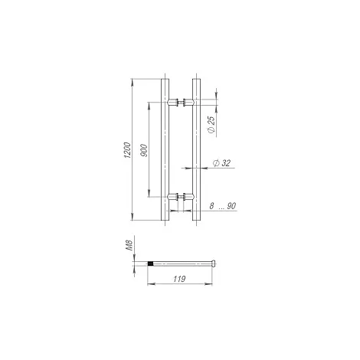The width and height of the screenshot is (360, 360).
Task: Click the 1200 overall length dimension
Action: [127, 150]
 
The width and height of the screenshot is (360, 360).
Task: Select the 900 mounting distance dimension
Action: [144, 150]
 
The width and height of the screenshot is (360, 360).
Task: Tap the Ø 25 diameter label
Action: [211, 124]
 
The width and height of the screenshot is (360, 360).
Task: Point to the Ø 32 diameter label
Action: [221, 163]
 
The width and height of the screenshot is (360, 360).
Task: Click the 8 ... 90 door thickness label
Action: [222, 206]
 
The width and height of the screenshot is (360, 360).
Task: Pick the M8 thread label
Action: [130, 245]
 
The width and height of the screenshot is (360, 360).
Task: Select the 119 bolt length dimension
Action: [179, 279]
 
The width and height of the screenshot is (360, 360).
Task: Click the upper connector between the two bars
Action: [181, 103]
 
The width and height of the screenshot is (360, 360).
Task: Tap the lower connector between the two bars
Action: [181, 196]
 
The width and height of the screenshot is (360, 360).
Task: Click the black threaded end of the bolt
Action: [151, 263]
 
